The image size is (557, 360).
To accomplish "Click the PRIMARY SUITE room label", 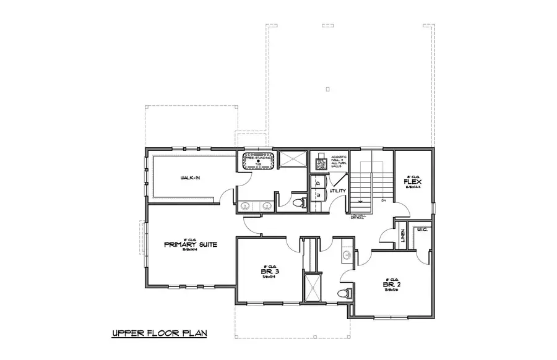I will pos(191,244).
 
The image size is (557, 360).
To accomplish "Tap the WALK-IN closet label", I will pos(190,178).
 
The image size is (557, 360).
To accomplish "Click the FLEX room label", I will pos(413,182).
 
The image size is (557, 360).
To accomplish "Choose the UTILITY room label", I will pos(337,191).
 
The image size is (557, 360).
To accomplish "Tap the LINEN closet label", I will pos(402,236).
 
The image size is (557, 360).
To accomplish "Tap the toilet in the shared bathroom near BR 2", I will pos(345,293).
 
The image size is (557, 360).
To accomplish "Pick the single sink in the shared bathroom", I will pos(347,255).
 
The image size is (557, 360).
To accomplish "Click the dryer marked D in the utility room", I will pos(317,183).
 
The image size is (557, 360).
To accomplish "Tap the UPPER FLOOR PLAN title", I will pos(158,334).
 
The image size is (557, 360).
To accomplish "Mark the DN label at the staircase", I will pos(384,201).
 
